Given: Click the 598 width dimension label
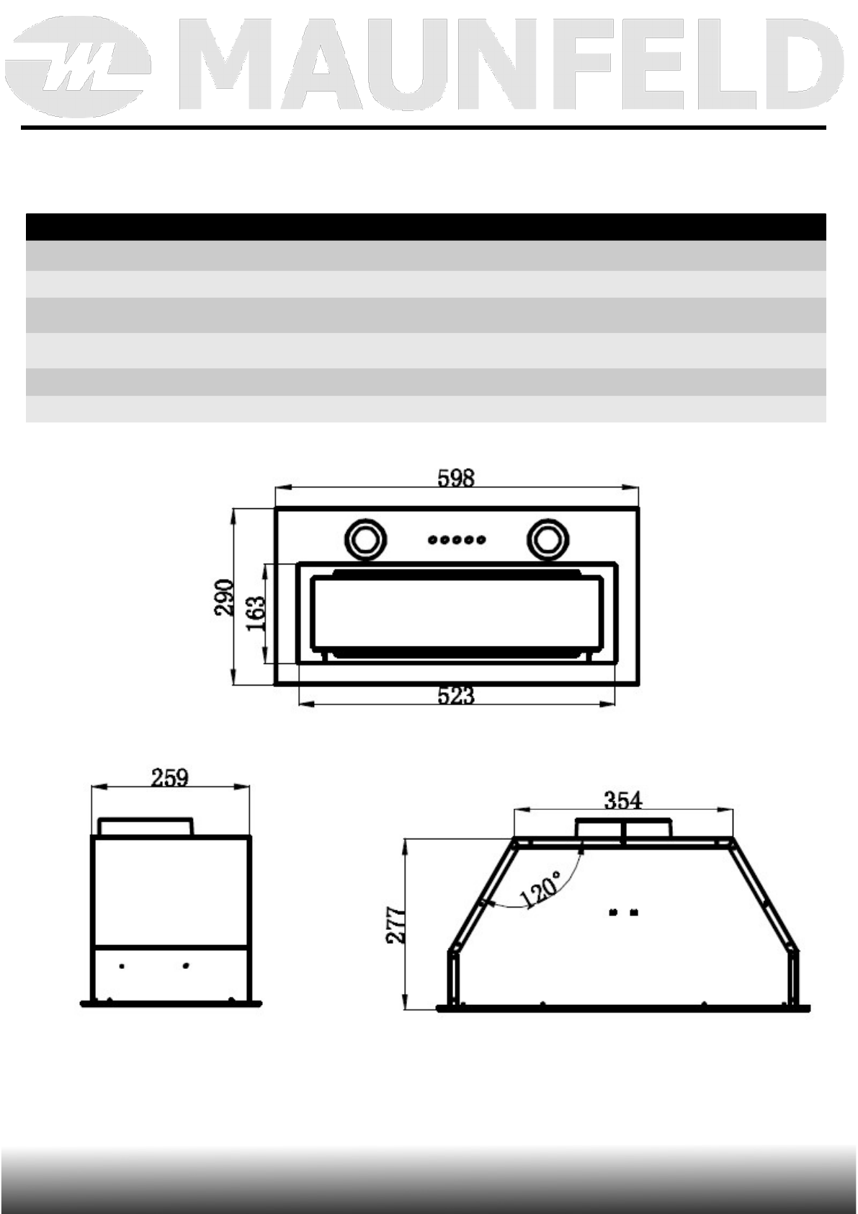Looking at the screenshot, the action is [456, 478].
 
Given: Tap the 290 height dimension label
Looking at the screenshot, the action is [224, 598].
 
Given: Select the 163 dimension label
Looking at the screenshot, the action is [256, 613].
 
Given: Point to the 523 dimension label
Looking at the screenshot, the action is [456, 696].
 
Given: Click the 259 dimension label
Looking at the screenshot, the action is [169, 779].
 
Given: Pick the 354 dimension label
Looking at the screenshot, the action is [623, 800].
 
